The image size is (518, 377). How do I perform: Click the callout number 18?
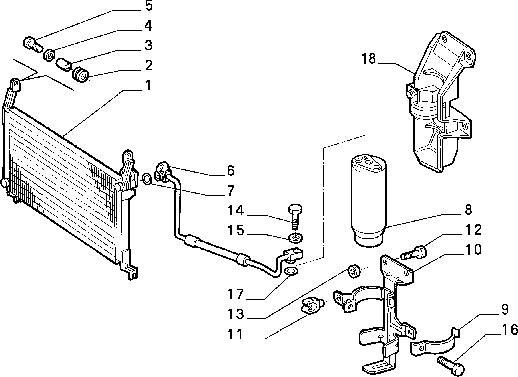click(368, 59)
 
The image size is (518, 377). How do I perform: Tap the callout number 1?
click(148, 85)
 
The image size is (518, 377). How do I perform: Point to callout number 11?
click(236, 334)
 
